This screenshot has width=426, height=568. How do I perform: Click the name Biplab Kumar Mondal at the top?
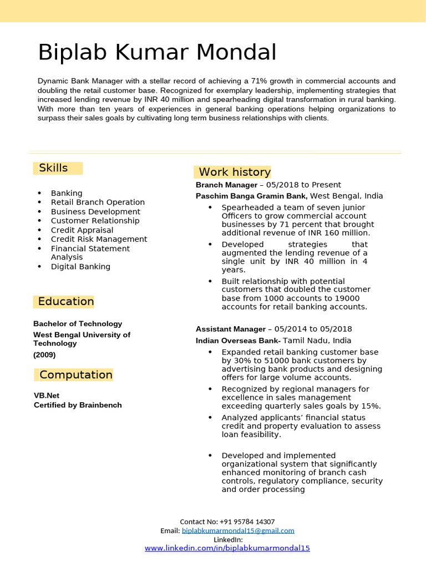pyautogui.click(x=157, y=53)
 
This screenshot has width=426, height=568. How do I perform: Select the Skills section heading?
pyautogui.click(x=53, y=168)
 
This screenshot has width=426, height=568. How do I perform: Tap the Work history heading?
pyautogui.click(x=234, y=172)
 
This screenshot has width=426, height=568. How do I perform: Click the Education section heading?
pyautogui.click(x=65, y=302)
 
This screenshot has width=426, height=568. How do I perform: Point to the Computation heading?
pyautogui.click(x=76, y=375)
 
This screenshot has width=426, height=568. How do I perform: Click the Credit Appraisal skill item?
pyautogui.click(x=82, y=230)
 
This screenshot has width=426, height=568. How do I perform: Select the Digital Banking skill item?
pyautogui.click(x=80, y=267)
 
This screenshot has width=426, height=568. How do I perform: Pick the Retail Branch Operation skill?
pyautogui.click(x=98, y=202)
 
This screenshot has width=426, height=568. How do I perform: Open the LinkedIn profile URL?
pyautogui.click(x=227, y=548)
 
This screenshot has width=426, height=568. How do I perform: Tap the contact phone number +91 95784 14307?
pyautogui.click(x=247, y=522)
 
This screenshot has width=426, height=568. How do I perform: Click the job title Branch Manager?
pyautogui.click(x=226, y=185)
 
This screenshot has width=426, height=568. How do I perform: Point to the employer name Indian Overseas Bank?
pyautogui.click(x=238, y=341)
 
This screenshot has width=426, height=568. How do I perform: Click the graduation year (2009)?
pyautogui.click(x=44, y=355)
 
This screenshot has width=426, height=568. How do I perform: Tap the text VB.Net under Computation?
pyautogui.click(x=47, y=395)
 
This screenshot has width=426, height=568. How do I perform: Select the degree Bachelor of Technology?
pyautogui.click(x=78, y=324)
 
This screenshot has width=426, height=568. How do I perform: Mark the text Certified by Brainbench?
pyautogui.click(x=78, y=405)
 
